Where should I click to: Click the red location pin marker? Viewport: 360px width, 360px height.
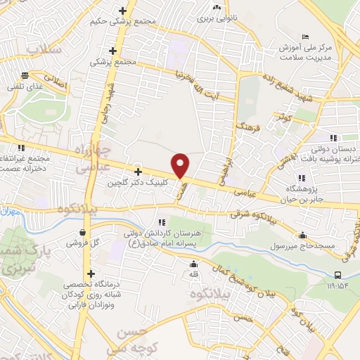(181, 165)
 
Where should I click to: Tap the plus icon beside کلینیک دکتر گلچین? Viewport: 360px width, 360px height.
(138, 171)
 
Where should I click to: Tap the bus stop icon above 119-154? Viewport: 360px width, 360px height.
(339, 274)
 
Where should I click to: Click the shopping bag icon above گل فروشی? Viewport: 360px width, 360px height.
(84, 232)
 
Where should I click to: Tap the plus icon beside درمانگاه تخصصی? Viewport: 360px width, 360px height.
(90, 274)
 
